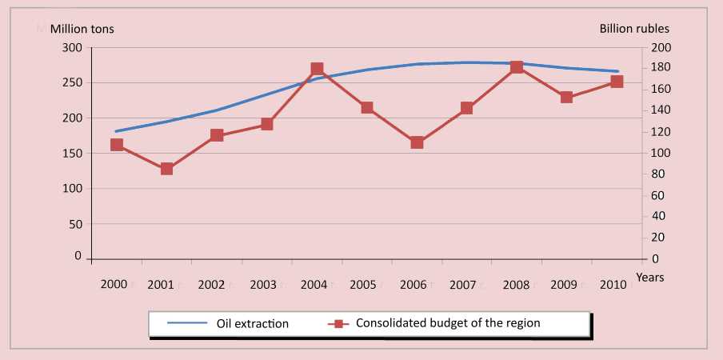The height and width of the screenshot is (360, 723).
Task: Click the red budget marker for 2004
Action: (317, 70)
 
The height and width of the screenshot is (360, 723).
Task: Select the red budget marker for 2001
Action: (166, 169)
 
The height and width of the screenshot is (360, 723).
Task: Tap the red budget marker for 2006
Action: (417, 143)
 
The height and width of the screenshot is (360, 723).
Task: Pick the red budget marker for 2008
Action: (517, 67)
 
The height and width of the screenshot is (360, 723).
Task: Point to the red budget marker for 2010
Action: (617, 82)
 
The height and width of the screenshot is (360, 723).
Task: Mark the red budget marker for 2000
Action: (117, 145)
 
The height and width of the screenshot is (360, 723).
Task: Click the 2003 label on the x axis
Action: (264, 284)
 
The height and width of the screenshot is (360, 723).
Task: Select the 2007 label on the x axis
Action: (464, 284)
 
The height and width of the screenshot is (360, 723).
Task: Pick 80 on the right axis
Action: (658, 174)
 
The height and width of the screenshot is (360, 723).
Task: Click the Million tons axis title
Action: (82, 29)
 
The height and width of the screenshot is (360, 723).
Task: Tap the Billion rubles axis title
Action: (634, 29)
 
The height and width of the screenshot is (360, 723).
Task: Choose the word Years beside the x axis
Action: (649, 278)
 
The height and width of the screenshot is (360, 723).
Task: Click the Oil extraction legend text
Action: (253, 324)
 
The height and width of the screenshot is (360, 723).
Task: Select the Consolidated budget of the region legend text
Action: (448, 323)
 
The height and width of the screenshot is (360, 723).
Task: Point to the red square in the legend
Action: (339, 324)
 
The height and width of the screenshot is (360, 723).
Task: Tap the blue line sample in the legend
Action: (188, 324)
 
